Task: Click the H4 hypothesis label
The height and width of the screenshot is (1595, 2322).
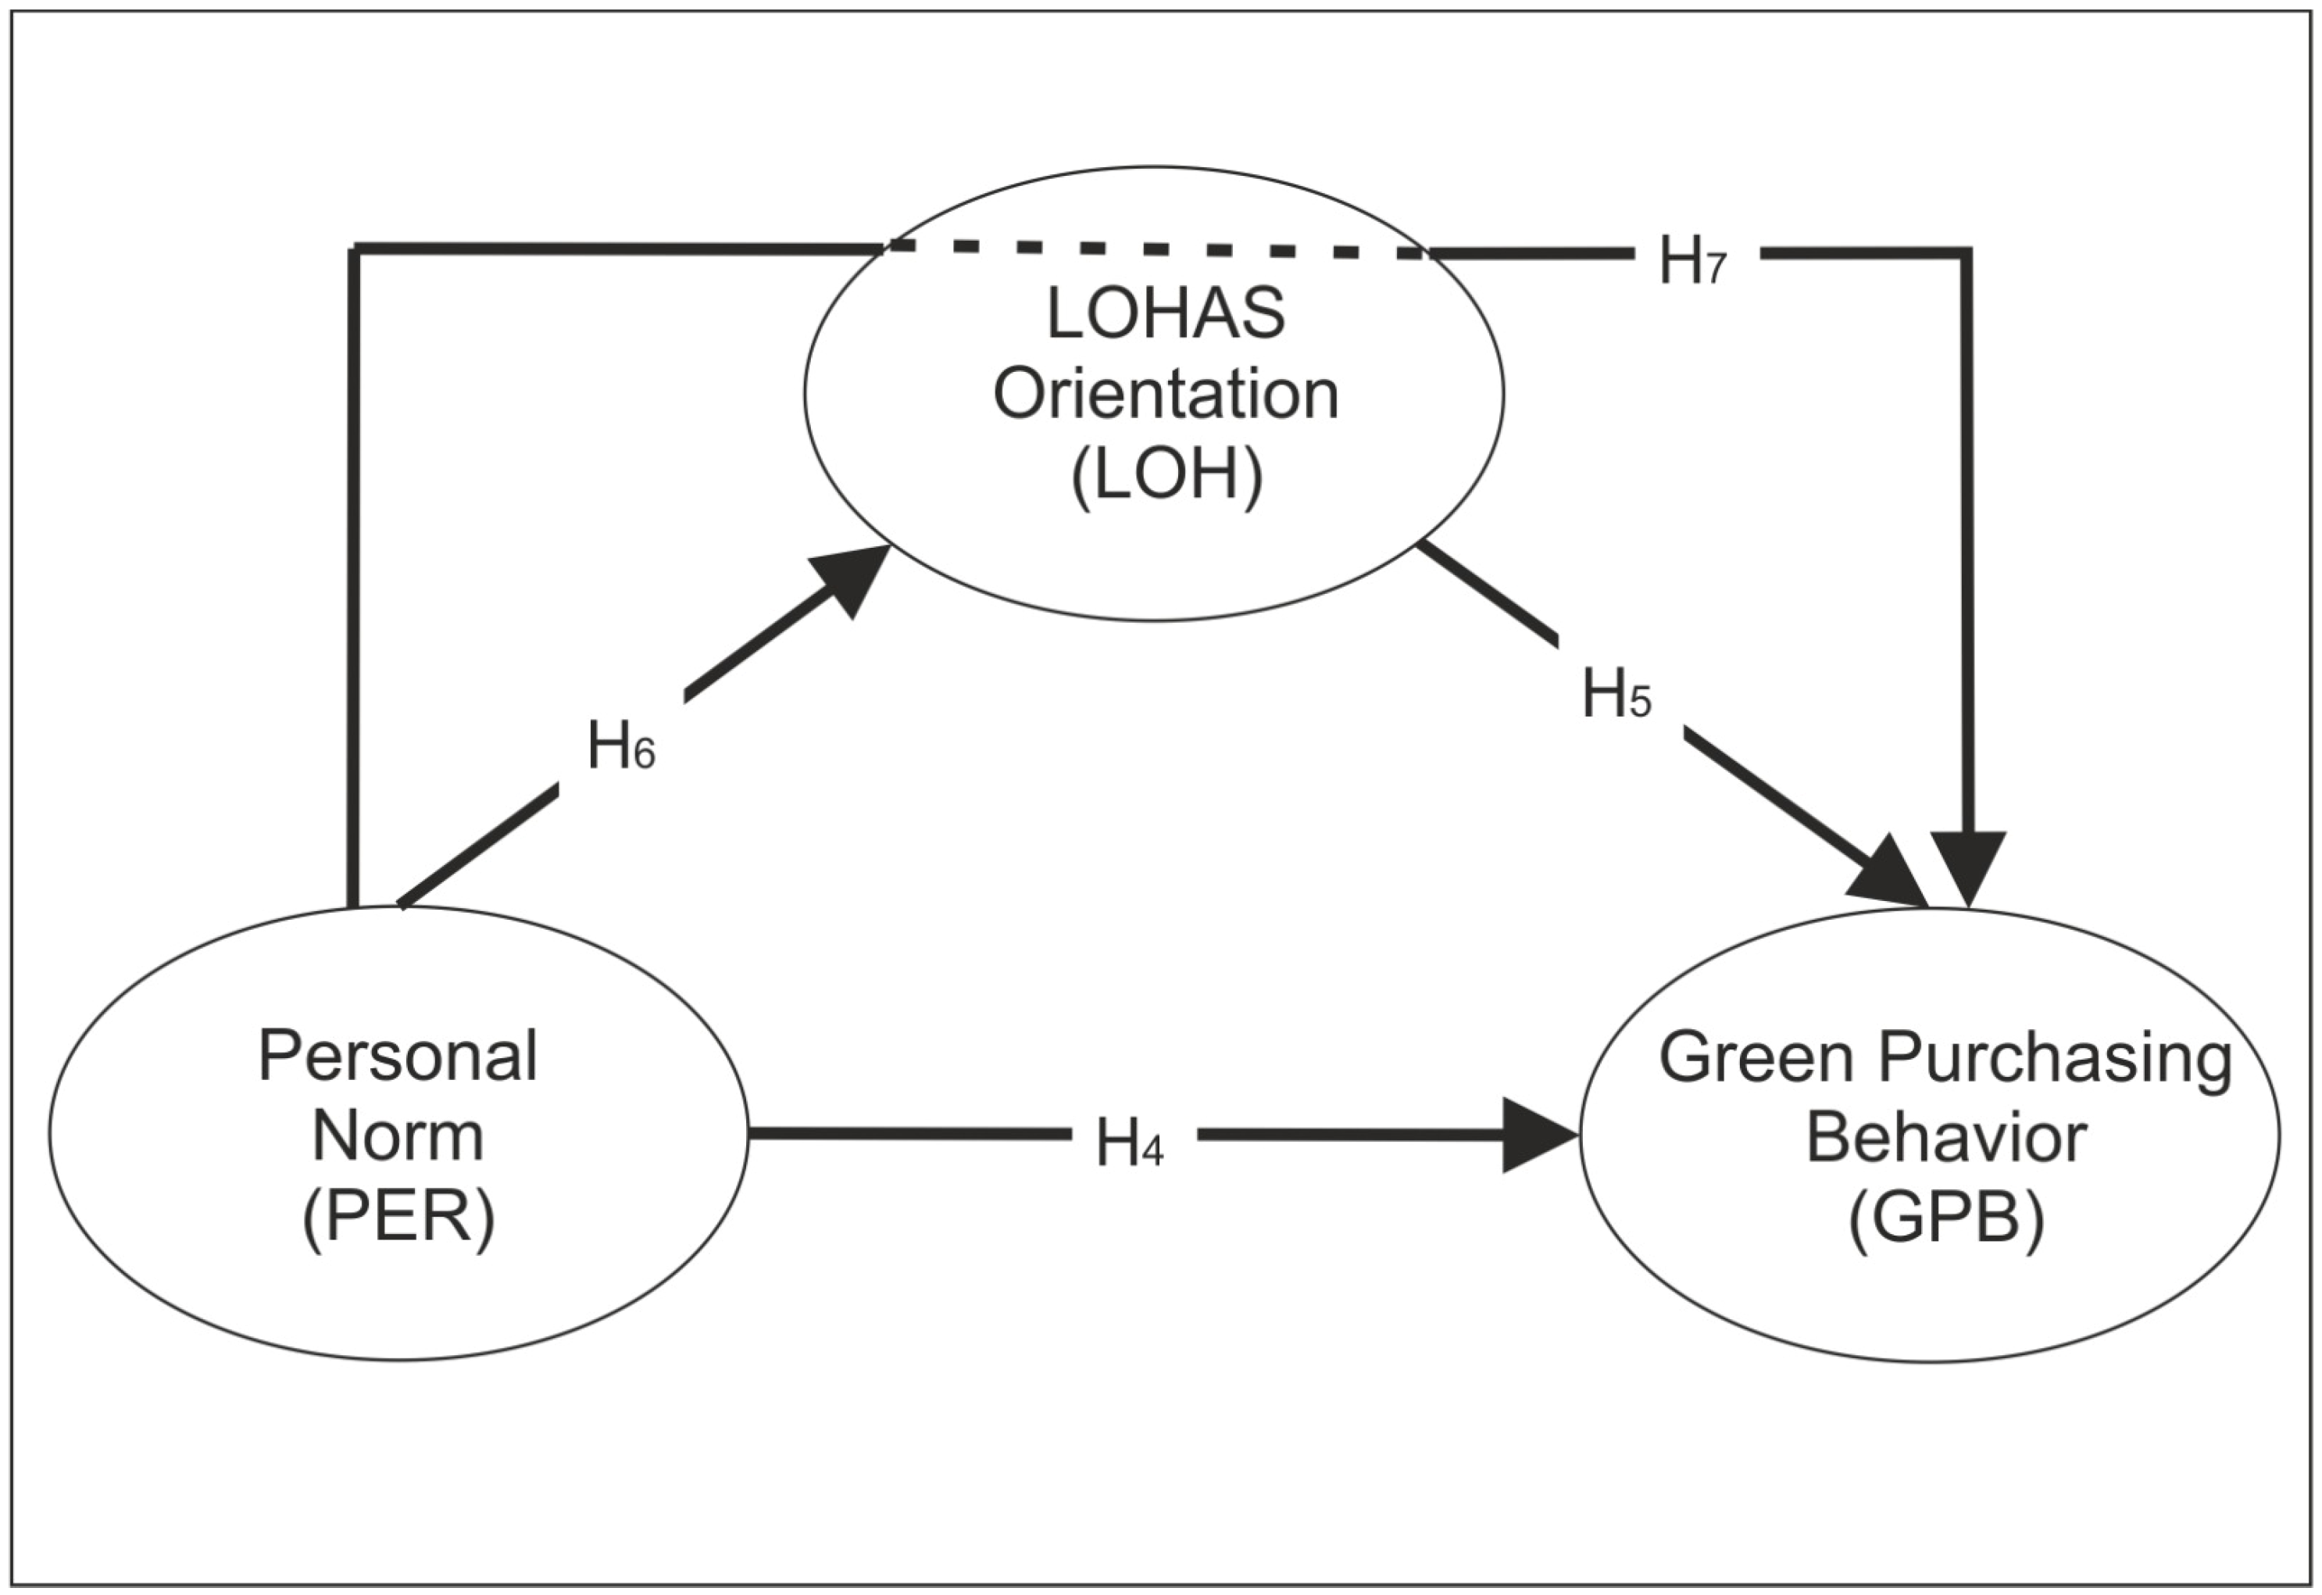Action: pyautogui.click(x=1129, y=1143)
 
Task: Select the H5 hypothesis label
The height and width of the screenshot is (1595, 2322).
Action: pyautogui.click(x=1616, y=694)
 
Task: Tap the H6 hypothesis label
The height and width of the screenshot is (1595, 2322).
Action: pyautogui.click(x=620, y=746)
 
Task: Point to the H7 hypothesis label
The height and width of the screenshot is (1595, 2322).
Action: pyautogui.click(x=1691, y=261)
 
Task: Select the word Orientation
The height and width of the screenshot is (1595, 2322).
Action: pyautogui.click(x=1165, y=394)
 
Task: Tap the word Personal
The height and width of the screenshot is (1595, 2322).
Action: pyautogui.click(x=398, y=1057)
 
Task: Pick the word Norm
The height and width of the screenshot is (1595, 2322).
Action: pyautogui.click(x=398, y=1136)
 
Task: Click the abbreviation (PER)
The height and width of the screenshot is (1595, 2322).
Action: pyautogui.click(x=398, y=1218)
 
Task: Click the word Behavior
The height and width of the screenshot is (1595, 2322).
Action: pyautogui.click(x=1945, y=1137)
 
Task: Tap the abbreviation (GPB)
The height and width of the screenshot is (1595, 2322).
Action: pyautogui.click(x=1945, y=1218)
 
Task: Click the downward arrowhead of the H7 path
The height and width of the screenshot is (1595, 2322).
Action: pyautogui.click(x=1967, y=864)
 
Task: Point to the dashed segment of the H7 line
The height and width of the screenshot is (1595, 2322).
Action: pyautogui.click(x=1154, y=248)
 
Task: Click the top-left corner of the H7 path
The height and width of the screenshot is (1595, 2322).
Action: pyautogui.click(x=354, y=247)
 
